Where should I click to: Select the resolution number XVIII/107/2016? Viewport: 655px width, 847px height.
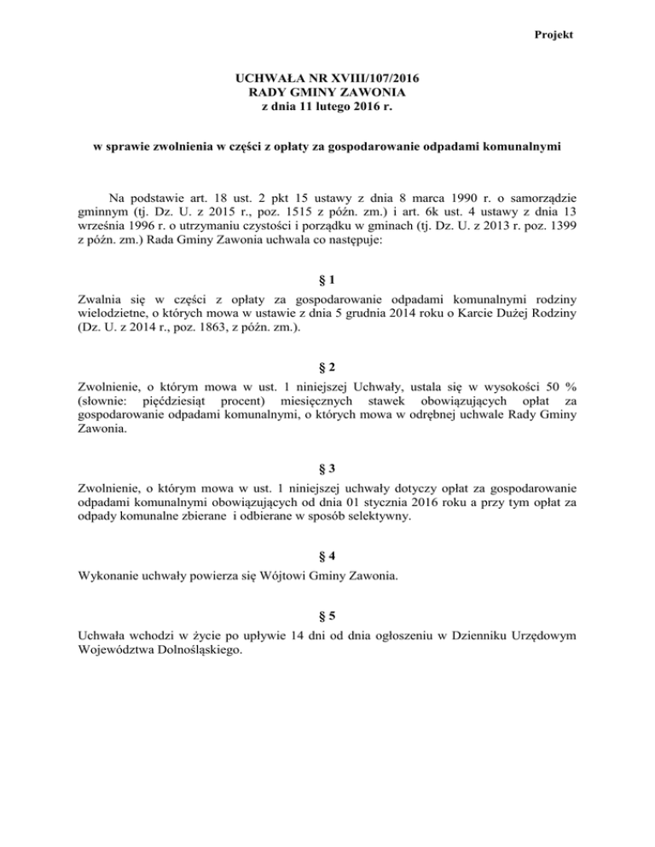(371, 78)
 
